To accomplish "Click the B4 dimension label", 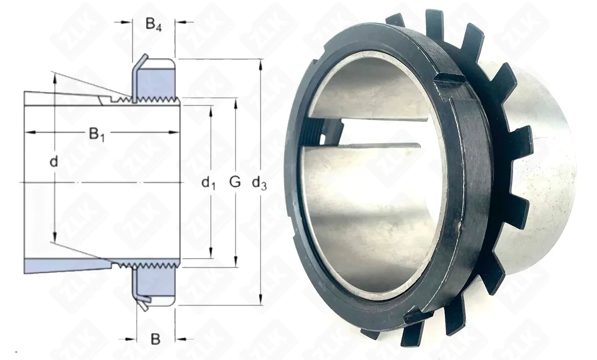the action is pos(154,25).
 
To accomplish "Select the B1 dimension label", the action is pos(97,135).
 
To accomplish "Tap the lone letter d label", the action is pos(54,162).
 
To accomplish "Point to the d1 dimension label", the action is pos(208,183).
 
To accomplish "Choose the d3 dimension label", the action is pos(259,183).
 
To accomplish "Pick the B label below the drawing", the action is pos(155,339).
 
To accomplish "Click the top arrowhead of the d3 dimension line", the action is pos(261,65).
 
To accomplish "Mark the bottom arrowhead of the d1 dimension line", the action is pos(210,253).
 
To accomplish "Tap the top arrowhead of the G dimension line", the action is pos(235,103).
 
